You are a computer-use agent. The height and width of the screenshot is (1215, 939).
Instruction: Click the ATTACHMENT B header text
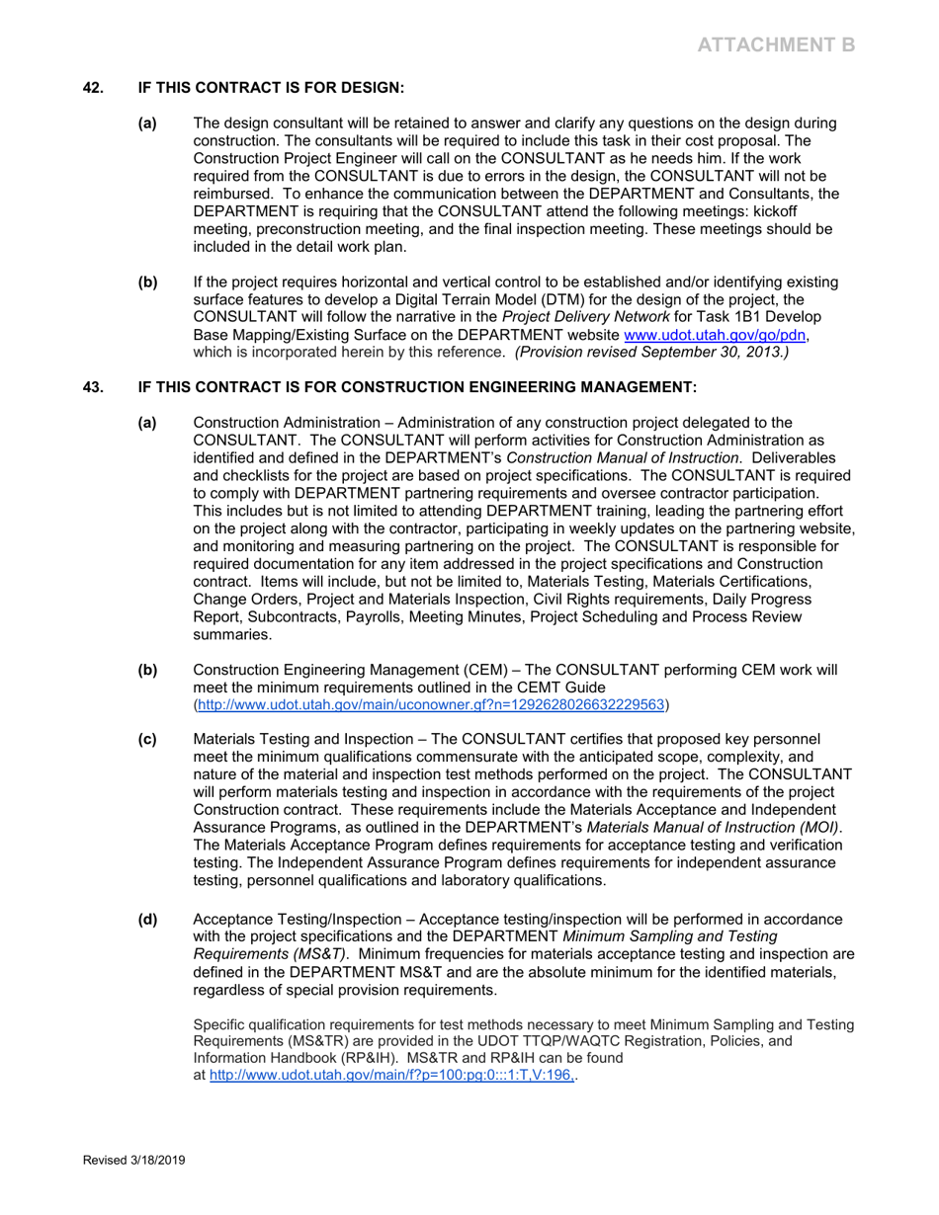tap(776, 44)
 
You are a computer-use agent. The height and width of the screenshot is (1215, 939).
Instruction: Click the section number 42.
tap(93, 88)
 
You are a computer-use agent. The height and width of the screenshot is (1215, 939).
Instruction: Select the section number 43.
tap(93, 387)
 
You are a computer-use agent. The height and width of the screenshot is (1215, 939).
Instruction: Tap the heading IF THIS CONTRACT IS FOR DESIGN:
tap(271, 88)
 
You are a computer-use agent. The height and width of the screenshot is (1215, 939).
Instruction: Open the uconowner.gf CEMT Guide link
tap(432, 705)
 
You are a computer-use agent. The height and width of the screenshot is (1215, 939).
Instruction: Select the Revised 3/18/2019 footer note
tap(133, 1161)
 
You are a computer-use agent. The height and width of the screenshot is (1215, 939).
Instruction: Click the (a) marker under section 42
tap(147, 123)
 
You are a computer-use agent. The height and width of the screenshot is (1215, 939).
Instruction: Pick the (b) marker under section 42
tap(147, 283)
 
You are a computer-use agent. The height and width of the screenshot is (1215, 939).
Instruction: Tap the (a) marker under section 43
tap(147, 423)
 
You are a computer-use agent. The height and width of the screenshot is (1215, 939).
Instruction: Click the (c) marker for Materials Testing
tap(147, 739)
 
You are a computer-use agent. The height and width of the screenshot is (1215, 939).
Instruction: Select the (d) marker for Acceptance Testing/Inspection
tap(147, 920)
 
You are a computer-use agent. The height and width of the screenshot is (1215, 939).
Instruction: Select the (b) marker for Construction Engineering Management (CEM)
tap(147, 670)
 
